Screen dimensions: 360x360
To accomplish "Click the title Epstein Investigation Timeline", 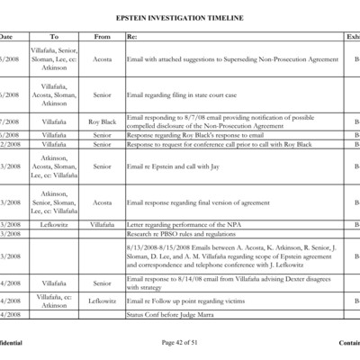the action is [179, 18].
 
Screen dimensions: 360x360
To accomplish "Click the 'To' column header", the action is [53, 37].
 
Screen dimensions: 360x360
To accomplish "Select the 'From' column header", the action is [102, 37].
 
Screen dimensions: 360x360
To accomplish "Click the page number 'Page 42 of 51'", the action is [179, 343].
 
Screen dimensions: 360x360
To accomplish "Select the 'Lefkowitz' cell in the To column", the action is [53, 224].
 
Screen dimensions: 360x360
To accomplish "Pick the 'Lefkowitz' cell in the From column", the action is [102, 300].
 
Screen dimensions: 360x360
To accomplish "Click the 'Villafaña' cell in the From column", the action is [102, 224].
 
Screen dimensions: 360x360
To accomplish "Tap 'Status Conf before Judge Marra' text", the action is [175, 314].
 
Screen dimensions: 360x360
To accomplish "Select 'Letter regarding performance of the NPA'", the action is [184, 224].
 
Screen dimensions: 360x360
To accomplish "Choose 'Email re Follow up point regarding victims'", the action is [186, 300].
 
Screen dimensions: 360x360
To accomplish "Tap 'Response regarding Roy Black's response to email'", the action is [196, 134].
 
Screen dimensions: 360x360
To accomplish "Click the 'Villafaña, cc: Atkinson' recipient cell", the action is [53, 300].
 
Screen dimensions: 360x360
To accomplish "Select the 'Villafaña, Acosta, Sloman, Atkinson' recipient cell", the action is [53, 94].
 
